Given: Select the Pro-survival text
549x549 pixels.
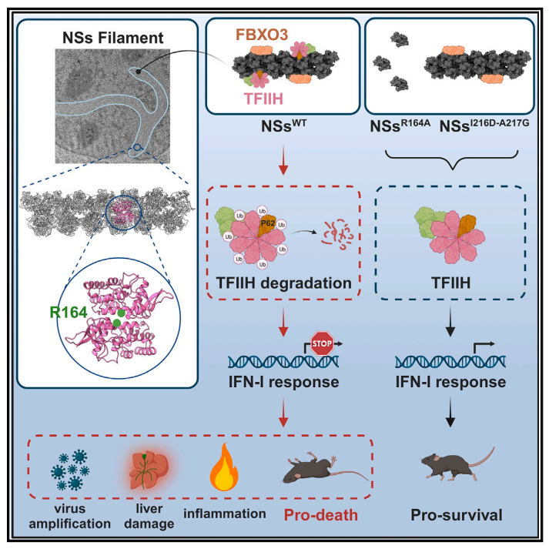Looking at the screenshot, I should pos(453,513).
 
